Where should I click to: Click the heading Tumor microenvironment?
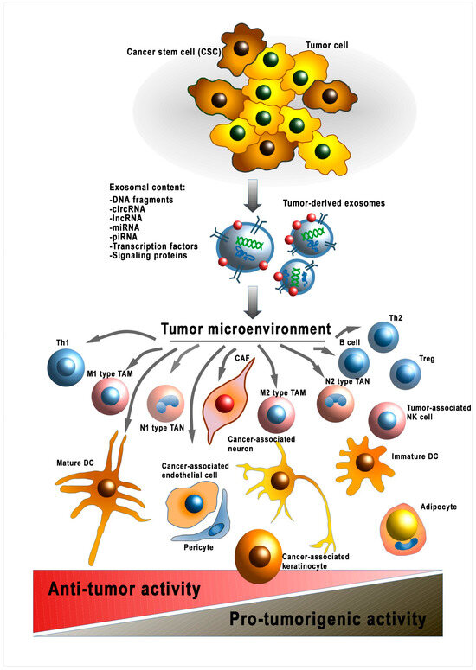point(244,329)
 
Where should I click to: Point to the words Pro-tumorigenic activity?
point(327,620)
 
